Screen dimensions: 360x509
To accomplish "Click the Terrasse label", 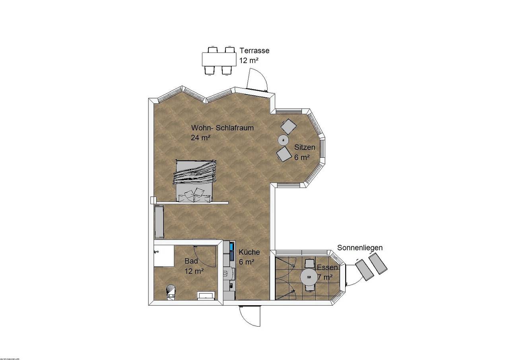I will tap(254, 51).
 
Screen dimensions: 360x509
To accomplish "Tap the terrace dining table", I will tap(218, 60).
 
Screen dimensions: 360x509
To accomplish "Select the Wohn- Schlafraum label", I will tap(222, 128).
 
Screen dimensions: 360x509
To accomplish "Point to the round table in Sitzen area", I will tap(283, 139).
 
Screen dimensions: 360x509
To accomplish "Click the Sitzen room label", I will tap(305, 147).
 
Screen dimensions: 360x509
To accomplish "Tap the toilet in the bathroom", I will tap(171, 291).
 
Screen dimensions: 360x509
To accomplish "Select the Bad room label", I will tap(191, 261).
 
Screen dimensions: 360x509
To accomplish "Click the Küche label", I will tap(249, 252).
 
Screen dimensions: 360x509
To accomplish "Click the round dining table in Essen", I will tap(309, 277).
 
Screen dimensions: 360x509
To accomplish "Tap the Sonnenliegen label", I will tap(360, 248).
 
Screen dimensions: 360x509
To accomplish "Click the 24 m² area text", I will tap(201, 137).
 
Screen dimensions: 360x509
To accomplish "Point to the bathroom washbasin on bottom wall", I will tap(206, 295).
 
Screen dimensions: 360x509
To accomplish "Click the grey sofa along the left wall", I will tap(159, 221).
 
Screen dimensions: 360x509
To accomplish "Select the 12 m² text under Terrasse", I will tap(249, 61).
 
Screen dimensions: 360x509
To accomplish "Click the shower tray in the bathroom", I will tap(164, 255).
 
